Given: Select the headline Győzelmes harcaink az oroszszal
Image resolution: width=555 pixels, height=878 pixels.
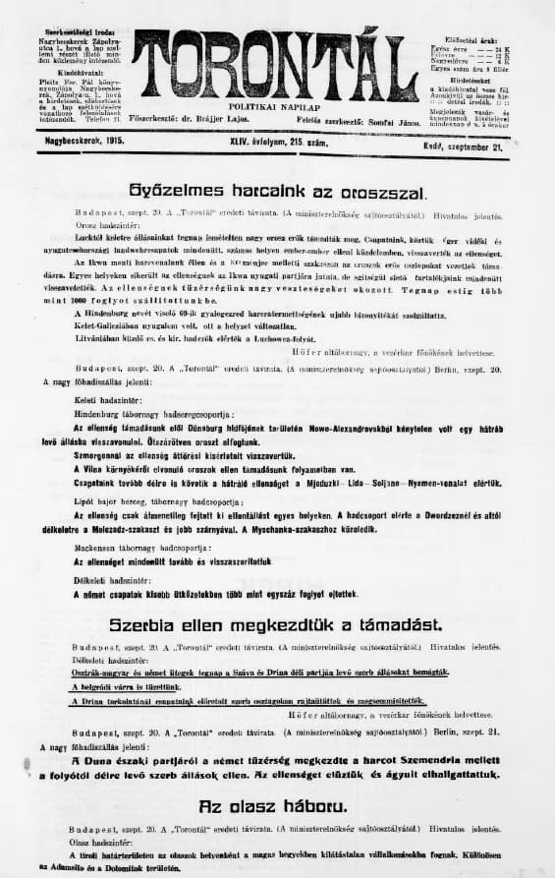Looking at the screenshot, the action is tap(276, 188).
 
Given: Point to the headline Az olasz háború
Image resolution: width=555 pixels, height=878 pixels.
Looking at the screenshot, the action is tap(276, 805).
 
